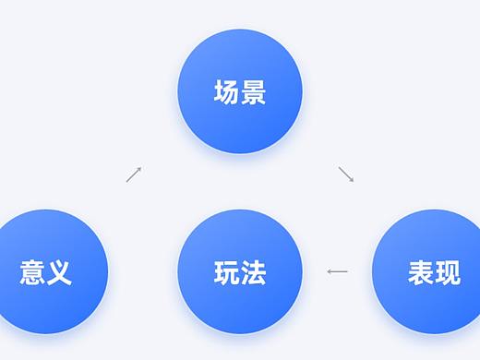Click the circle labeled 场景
tap(240, 92)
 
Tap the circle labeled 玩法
tap(240, 271)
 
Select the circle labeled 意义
tap(46, 271)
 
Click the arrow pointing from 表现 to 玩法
tap(338, 271)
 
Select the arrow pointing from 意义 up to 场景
tap(134, 174)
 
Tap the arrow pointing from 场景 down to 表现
tap(346, 174)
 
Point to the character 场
tap(227, 92)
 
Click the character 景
tap(254, 92)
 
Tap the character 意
tap(32, 272)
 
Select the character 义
tap(59, 272)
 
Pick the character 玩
tap(227, 272)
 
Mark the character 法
tap(254, 272)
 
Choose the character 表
tap(421, 272)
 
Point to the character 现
tap(448, 272)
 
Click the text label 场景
tap(240, 92)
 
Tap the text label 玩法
tap(240, 272)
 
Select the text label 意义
tap(46, 272)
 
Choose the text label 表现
tap(434, 272)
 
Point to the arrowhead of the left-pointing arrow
tap(330, 271)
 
